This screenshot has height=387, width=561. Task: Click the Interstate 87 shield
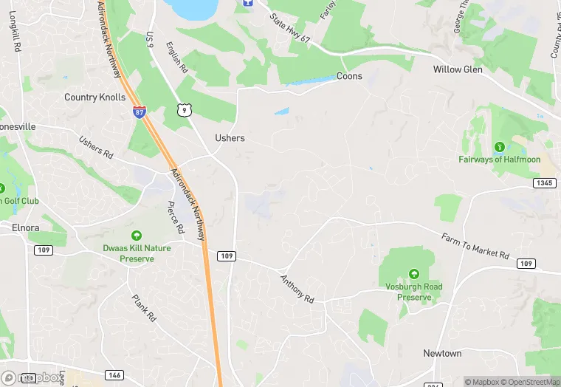pyautogui.click(x=140, y=112)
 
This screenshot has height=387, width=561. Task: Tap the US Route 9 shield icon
pyautogui.click(x=184, y=109)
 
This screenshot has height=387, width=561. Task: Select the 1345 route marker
pyautogui.click(x=544, y=182)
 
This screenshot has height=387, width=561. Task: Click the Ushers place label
pyautogui.click(x=230, y=138)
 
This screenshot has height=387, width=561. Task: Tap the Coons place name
pyautogui.click(x=349, y=76)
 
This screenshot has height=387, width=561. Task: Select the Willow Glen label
pyautogui.click(x=458, y=70)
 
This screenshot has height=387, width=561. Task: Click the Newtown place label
pyautogui.click(x=442, y=354)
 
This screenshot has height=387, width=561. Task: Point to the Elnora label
pyautogui.click(x=25, y=227)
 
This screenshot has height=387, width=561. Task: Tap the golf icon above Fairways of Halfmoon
pyautogui.click(x=500, y=147)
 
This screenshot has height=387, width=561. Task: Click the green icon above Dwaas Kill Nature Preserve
pyautogui.click(x=136, y=236)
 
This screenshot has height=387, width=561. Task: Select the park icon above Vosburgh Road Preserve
pyautogui.click(x=413, y=274)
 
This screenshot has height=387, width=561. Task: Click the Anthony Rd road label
pyautogui.click(x=297, y=288)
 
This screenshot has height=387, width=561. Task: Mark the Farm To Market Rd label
pyautogui.click(x=475, y=245)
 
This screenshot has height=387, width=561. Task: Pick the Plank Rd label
pyautogui.click(x=144, y=308)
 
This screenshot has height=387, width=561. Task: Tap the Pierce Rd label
pyautogui.click(x=176, y=218)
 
